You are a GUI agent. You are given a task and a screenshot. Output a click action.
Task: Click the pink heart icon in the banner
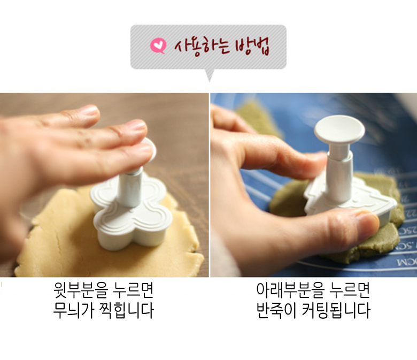click(x=158, y=47)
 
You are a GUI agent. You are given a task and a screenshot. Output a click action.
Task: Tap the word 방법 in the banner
click(x=253, y=47)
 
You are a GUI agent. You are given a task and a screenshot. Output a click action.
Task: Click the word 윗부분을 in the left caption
click(x=80, y=291)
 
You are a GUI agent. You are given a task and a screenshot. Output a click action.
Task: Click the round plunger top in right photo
click(x=339, y=129)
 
